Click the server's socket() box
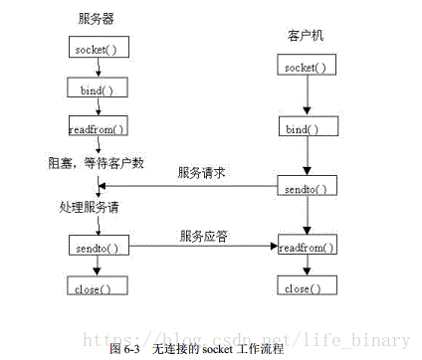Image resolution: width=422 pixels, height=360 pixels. click(x=97, y=49)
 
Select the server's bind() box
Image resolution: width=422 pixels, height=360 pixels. click(x=97, y=90)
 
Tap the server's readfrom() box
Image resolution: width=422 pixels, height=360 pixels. click(x=97, y=128)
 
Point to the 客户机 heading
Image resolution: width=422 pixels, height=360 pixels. click(x=303, y=35)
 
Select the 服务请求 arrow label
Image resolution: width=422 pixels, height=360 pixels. click(x=202, y=173)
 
